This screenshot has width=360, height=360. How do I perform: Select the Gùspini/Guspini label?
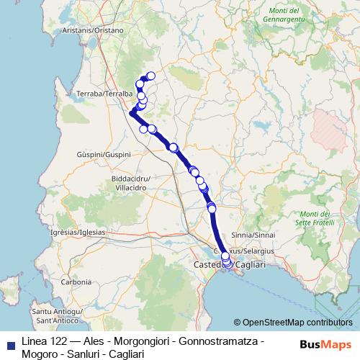pos(104,155)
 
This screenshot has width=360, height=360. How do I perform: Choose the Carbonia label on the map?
pos(76,282)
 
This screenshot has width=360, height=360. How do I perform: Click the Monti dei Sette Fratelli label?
pos(315,218)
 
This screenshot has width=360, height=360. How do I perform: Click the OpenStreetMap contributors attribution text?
pos(296,323)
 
